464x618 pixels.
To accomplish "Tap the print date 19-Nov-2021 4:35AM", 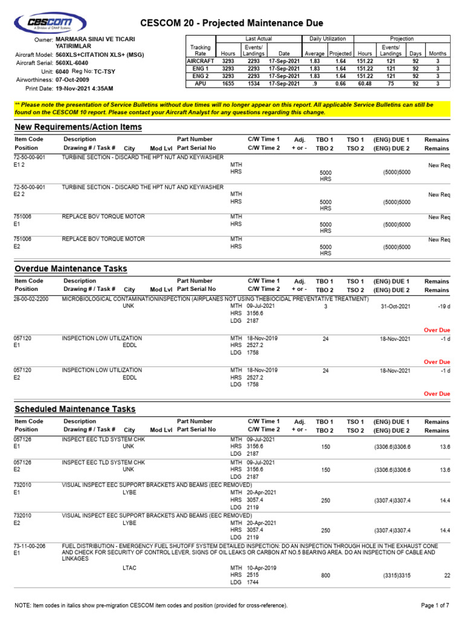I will point(84,88).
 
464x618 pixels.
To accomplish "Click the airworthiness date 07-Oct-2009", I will point(72,80).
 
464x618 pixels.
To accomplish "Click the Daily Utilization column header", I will point(327,38).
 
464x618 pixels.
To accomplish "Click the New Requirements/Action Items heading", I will point(78,127).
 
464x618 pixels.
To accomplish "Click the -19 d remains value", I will point(442,307).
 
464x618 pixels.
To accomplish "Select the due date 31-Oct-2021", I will point(395,307).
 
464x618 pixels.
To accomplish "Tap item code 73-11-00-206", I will point(30,545).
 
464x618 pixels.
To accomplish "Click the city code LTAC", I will point(130,568).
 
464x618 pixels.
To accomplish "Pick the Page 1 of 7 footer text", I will point(434,605).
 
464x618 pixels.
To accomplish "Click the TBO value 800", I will point(325,576).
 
